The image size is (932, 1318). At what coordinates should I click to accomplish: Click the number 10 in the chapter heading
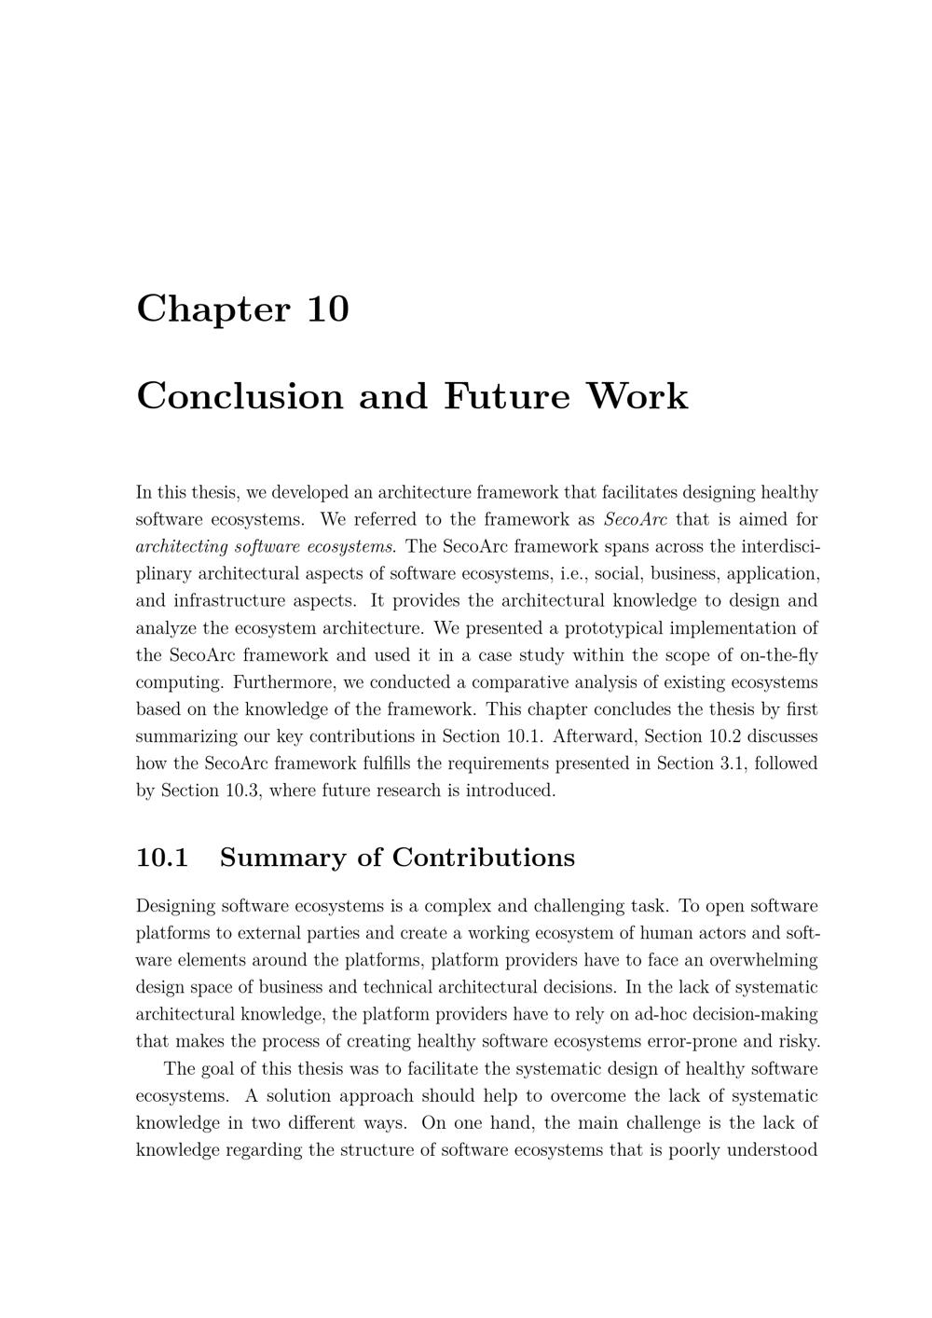click(x=327, y=309)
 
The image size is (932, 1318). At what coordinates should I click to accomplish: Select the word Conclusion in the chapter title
click(x=240, y=396)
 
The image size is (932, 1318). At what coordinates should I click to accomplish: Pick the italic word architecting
click(x=182, y=547)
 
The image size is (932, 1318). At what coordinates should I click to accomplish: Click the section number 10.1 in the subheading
click(x=162, y=858)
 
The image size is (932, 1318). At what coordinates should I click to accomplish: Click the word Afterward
click(x=595, y=736)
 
